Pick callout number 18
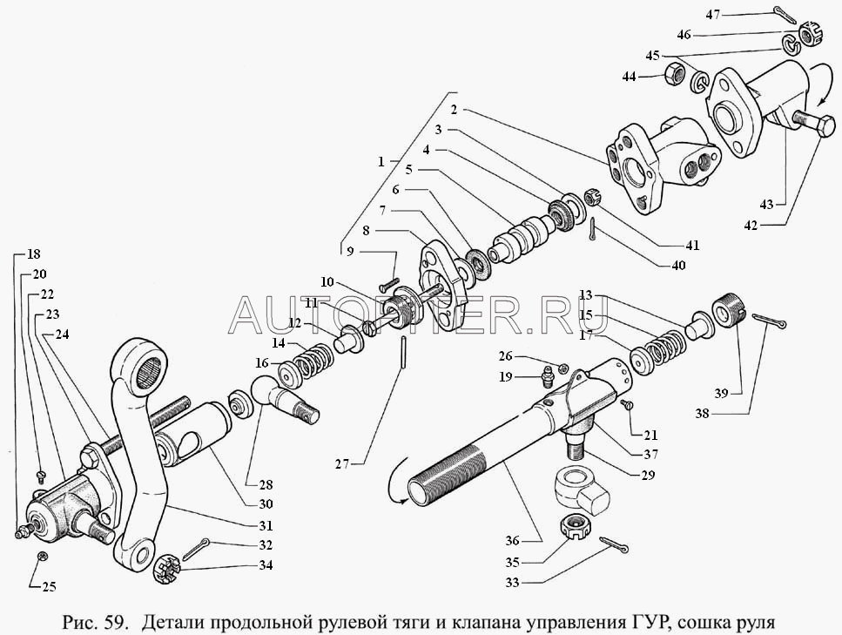[33, 255]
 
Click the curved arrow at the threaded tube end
[397, 480]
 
